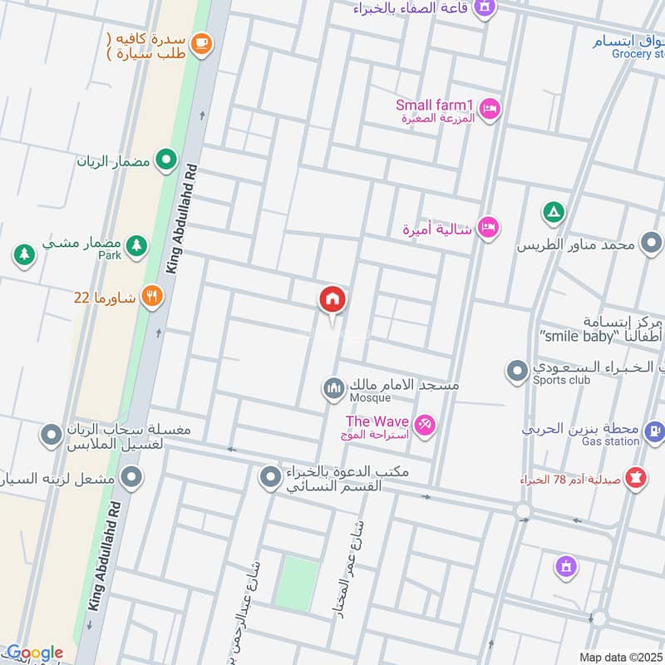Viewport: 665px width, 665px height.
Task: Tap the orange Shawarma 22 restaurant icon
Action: (x=151, y=297)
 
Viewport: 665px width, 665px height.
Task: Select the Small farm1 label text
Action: (x=434, y=105)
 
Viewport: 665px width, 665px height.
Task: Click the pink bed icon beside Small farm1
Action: (x=490, y=108)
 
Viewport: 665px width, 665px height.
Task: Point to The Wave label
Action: (x=377, y=421)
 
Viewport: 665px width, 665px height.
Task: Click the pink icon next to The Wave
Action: (x=425, y=425)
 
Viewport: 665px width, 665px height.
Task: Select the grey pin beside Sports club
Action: (x=518, y=371)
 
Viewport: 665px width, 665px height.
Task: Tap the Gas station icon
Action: (x=654, y=431)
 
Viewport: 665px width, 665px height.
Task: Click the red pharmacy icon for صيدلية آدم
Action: (x=637, y=480)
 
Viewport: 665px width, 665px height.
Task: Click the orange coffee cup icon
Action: (x=200, y=44)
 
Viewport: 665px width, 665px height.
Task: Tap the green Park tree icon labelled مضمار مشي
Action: (x=137, y=245)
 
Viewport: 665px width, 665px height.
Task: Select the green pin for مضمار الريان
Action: (x=167, y=160)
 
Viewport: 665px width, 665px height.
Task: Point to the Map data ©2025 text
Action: (x=619, y=657)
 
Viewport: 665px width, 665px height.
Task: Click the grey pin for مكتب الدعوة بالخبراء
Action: (x=270, y=478)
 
